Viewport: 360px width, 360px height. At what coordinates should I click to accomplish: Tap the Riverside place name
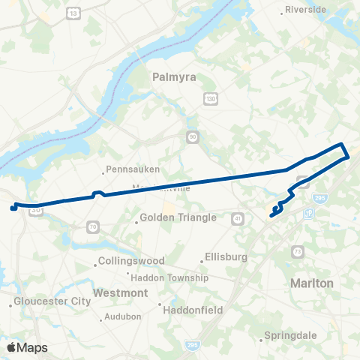(306, 10)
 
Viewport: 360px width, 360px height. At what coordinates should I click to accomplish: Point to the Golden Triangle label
(178, 217)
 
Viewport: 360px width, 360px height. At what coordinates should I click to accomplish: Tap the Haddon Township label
(177, 277)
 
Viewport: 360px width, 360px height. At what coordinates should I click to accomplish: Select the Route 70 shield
(92, 225)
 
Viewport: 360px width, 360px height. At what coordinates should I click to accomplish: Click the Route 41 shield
(238, 217)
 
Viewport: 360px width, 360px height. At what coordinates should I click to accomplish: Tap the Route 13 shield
(73, 13)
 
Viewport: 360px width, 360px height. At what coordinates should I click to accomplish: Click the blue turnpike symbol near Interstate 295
(309, 214)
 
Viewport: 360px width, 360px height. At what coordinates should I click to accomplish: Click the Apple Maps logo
(27, 347)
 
